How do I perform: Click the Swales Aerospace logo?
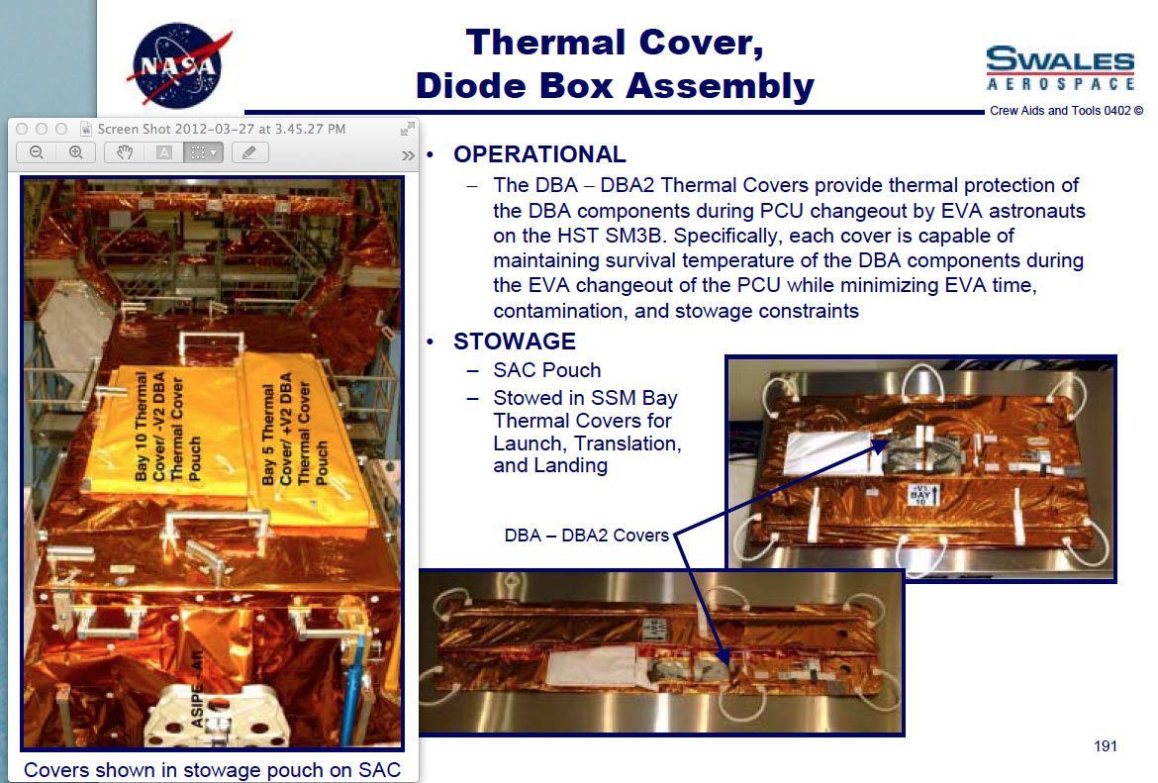pos(1060,68)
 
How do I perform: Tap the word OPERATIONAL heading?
pos(539,153)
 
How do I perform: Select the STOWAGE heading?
pos(514,342)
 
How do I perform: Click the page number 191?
pos(1106,746)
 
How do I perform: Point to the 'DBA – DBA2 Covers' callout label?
pos(586,535)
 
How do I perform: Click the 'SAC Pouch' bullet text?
pos(547,370)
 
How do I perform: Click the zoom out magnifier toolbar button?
pos(36,152)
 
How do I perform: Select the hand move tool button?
pos(124,152)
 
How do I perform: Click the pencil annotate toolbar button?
pos(249,152)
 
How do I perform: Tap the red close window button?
pos(22,129)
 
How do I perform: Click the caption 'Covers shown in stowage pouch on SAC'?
pos(212,770)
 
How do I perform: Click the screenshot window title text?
pos(222,129)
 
